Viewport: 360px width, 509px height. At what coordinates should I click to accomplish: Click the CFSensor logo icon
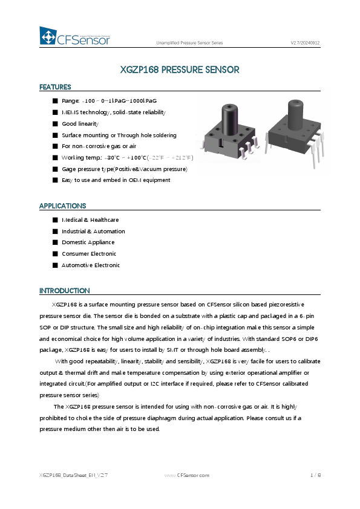coord(48,36)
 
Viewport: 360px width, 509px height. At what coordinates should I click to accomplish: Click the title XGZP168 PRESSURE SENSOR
coord(180,70)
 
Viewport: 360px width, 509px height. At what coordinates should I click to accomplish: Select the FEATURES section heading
coord(55,87)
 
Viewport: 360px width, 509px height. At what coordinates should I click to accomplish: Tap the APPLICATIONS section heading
coord(63,206)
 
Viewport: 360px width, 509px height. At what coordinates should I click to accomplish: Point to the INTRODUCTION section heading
coord(64,291)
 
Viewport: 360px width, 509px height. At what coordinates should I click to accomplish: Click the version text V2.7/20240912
coord(305,44)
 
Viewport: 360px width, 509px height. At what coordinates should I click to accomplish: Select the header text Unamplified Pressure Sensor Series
coord(189,44)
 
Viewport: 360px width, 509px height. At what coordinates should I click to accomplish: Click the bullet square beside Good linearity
coord(55,124)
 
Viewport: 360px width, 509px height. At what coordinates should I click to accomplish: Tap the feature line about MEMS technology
coord(113,112)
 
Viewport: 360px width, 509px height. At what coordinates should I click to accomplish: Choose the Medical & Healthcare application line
coord(90,220)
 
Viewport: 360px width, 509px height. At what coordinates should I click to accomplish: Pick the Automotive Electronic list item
coord(91,265)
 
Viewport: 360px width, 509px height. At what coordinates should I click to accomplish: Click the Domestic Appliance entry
coord(88,242)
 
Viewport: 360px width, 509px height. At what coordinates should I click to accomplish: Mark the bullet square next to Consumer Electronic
coord(55,254)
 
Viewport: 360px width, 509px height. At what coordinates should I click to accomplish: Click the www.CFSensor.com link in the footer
coord(187,476)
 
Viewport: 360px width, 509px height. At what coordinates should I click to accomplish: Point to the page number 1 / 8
coord(315,476)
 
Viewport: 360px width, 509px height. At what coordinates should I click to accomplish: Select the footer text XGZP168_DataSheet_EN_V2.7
coord(73,476)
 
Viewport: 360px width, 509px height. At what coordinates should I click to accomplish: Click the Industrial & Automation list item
coord(93,232)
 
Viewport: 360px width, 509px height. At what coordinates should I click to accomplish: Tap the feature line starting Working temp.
coord(127,158)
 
